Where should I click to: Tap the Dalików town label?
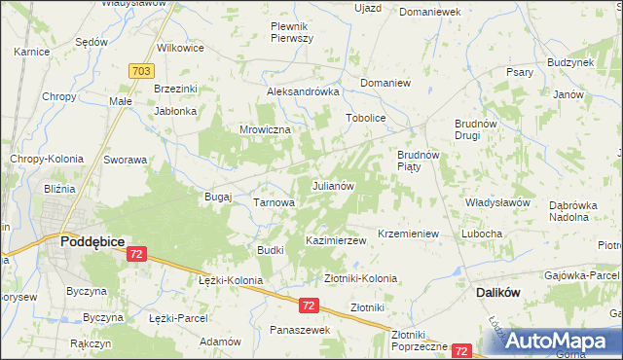click(x=502, y=292)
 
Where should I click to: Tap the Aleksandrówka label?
click(x=303, y=91)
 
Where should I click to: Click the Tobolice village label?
click(x=366, y=119)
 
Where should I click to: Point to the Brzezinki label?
click(x=176, y=89)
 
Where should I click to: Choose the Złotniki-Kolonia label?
click(x=360, y=278)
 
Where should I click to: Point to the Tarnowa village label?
click(x=274, y=202)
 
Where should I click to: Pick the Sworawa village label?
click(x=125, y=160)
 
